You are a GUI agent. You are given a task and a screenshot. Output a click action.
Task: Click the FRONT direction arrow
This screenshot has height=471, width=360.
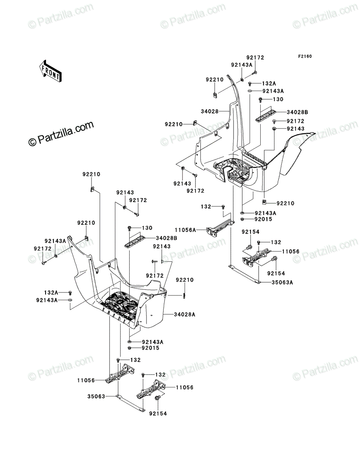point(50,71)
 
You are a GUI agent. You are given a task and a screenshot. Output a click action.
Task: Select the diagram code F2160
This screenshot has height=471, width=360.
point(305,57)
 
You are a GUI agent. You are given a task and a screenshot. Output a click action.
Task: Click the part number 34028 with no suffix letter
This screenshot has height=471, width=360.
point(210,111)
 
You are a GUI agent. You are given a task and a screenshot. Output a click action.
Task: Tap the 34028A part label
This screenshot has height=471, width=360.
point(185,314)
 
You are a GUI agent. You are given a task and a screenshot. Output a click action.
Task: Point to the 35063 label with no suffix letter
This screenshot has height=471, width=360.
point(96,396)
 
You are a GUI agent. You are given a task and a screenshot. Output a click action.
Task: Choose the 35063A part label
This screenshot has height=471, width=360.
point(282,283)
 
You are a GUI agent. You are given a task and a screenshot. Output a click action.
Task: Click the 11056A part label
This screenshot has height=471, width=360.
point(185,230)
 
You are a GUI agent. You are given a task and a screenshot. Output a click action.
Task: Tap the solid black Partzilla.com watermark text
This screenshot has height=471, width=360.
point(61,133)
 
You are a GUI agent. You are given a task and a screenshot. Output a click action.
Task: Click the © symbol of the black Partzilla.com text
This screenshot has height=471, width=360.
point(33,142)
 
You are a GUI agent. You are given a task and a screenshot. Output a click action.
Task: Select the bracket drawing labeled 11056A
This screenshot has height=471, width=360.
point(220,228)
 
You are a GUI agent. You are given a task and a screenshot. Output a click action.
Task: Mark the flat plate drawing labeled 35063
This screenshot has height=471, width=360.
point(130,403)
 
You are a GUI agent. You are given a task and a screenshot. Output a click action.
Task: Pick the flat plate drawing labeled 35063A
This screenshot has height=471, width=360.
point(245,275)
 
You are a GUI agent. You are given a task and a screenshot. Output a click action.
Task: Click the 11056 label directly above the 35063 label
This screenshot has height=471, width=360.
point(86,380)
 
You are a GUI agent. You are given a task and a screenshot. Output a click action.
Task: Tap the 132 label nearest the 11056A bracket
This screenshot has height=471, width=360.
point(206,206)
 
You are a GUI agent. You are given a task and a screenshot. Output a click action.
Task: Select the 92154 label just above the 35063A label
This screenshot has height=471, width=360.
point(276,273)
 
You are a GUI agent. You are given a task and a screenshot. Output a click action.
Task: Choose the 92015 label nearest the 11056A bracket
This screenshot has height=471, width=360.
point(263,219)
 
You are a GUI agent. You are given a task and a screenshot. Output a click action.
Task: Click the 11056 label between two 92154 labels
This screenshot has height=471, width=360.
point(291,252)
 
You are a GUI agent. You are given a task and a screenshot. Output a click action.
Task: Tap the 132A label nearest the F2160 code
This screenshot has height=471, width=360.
point(269,84)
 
